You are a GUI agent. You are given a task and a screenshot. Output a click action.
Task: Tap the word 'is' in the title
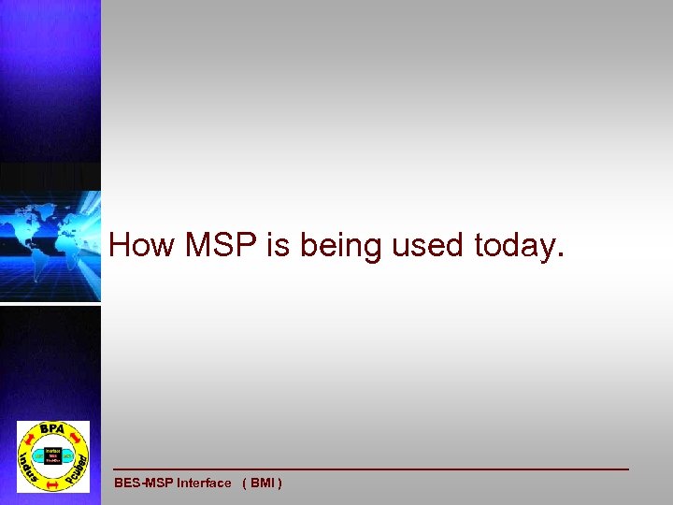click(279, 245)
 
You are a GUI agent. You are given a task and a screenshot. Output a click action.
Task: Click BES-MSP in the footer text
click(144, 483)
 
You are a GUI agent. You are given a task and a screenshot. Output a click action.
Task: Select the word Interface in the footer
click(204, 483)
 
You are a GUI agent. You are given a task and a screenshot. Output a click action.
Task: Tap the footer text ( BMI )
click(262, 483)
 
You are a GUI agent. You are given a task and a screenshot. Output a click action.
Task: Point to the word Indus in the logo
click(28, 463)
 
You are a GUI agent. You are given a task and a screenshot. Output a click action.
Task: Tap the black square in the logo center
click(52, 455)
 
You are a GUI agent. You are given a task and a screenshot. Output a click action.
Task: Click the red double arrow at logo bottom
click(52, 484)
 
